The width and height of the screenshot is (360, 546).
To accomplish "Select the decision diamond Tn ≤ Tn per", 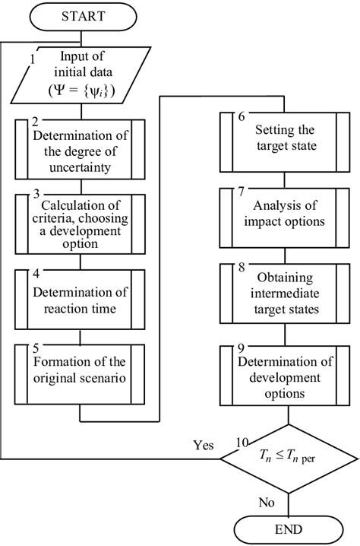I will click(x=287, y=459).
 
